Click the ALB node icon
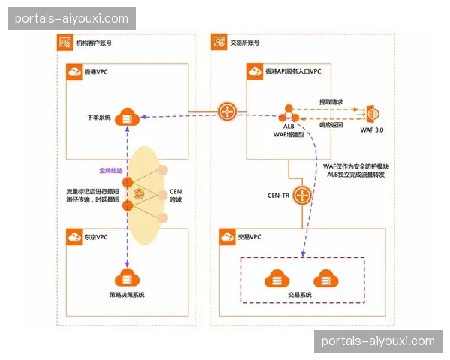click(286, 115)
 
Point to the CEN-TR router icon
click(302, 196)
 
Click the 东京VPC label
click(95, 237)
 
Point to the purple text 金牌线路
click(112, 172)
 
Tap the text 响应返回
click(331, 125)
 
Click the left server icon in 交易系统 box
click(275, 278)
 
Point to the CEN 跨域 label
click(175, 196)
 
